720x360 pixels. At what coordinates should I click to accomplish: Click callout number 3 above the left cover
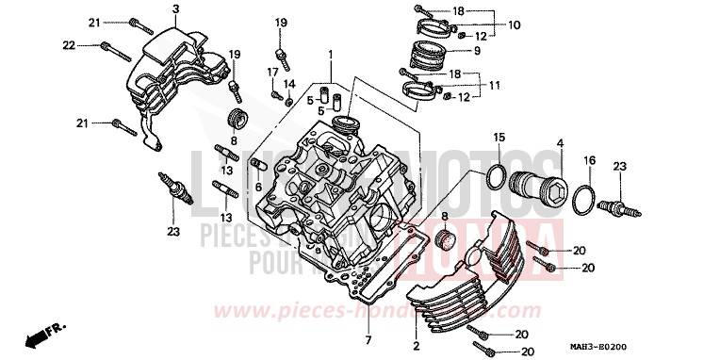pyautogui.click(x=175, y=9)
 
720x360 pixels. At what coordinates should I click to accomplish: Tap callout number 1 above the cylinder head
pyautogui.click(x=331, y=55)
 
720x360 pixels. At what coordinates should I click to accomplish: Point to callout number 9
pyautogui.click(x=476, y=49)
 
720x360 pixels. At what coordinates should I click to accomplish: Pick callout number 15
pyautogui.click(x=498, y=139)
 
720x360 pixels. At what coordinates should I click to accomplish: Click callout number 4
pyautogui.click(x=559, y=143)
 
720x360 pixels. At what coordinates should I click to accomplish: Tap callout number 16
pyautogui.click(x=591, y=161)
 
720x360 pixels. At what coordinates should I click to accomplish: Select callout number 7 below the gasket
pyautogui.click(x=368, y=338)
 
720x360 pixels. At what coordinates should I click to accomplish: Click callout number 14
pyautogui.click(x=289, y=84)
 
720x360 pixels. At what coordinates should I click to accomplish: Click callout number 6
pyautogui.click(x=257, y=187)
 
